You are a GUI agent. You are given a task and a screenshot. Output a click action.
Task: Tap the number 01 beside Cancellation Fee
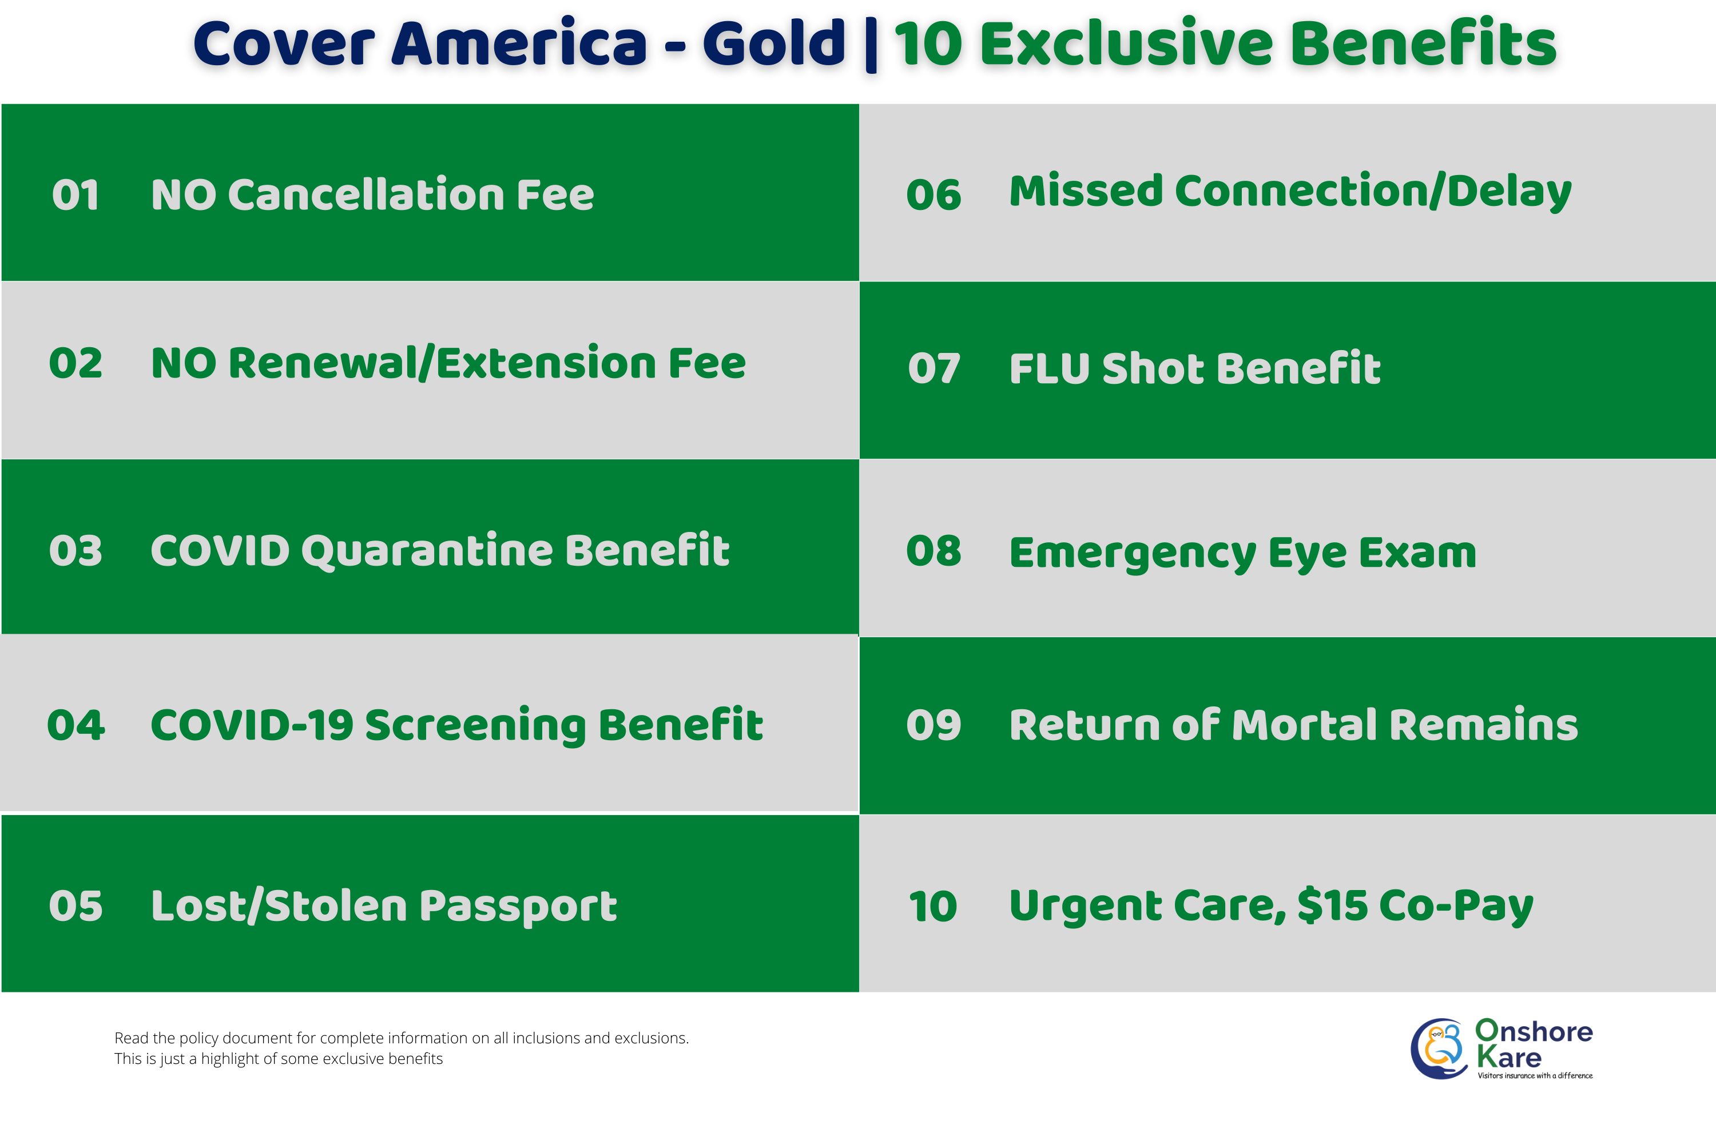pyautogui.click(x=75, y=196)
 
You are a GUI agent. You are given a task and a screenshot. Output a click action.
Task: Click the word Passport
pyautogui.click(x=518, y=907)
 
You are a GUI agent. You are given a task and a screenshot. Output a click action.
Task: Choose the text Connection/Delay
pyautogui.click(x=1372, y=192)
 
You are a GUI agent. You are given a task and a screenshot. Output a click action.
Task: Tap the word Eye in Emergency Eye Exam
pyautogui.click(x=1306, y=553)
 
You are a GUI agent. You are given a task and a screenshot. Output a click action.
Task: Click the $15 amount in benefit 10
pyautogui.click(x=1332, y=905)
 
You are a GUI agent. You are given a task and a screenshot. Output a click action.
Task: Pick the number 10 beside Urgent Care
pyautogui.click(x=932, y=907)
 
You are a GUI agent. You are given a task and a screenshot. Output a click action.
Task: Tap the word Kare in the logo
pyautogui.click(x=1509, y=1057)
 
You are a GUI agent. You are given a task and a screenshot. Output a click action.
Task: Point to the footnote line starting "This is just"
pyautogui.click(x=279, y=1059)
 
